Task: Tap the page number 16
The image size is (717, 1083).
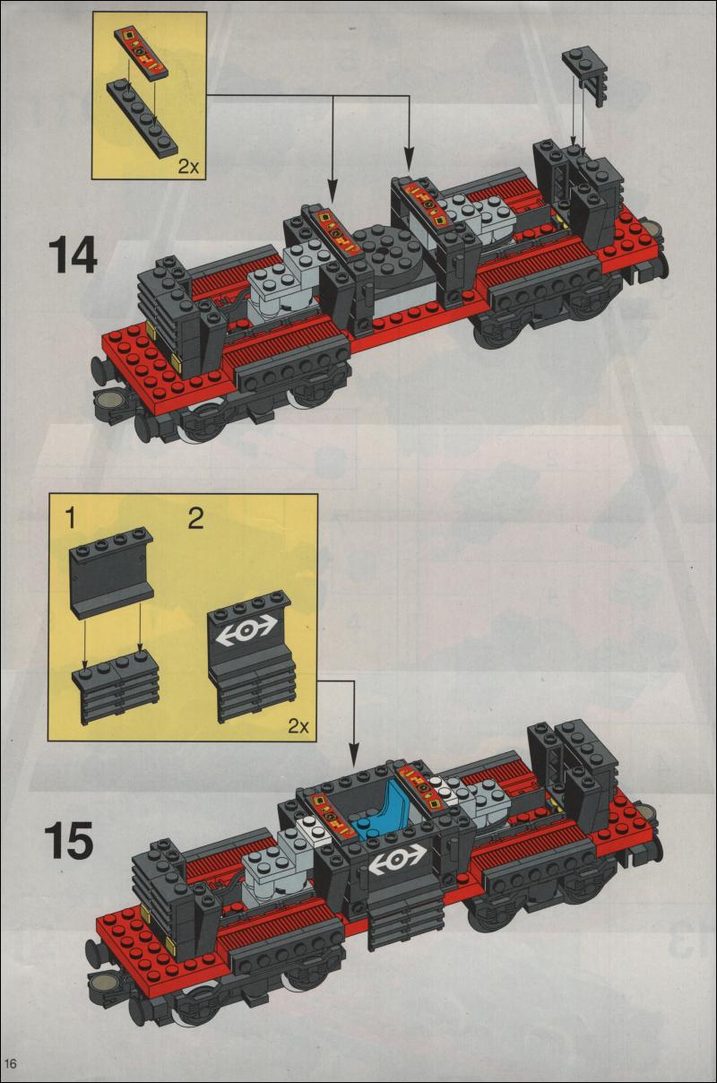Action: (x=12, y=1062)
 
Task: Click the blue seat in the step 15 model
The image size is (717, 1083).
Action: (x=383, y=813)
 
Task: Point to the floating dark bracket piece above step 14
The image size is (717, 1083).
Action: (x=581, y=72)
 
